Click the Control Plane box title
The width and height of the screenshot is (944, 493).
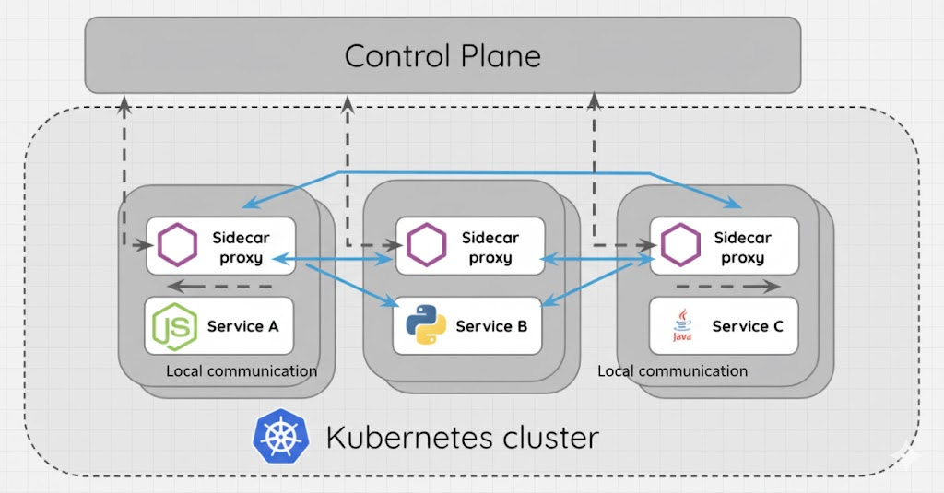pyautogui.click(x=442, y=56)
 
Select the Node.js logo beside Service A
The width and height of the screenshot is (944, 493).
pyautogui.click(x=174, y=326)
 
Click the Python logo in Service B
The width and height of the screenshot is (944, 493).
pyautogui.click(x=425, y=325)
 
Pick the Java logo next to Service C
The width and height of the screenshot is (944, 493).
pyautogui.click(x=681, y=326)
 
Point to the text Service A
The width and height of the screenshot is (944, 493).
pyautogui.click(x=242, y=326)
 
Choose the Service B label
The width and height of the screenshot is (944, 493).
pyautogui.click(x=491, y=326)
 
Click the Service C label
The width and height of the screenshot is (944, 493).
pyautogui.click(x=747, y=326)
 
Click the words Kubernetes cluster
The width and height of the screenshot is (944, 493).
pyautogui.click(x=462, y=437)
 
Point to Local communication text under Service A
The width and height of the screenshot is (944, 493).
pyautogui.click(x=242, y=371)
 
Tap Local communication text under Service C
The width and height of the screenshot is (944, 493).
pyautogui.click(x=673, y=371)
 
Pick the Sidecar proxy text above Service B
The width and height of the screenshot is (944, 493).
pyautogui.click(x=490, y=248)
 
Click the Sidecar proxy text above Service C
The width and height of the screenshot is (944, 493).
pyautogui.click(x=743, y=248)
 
